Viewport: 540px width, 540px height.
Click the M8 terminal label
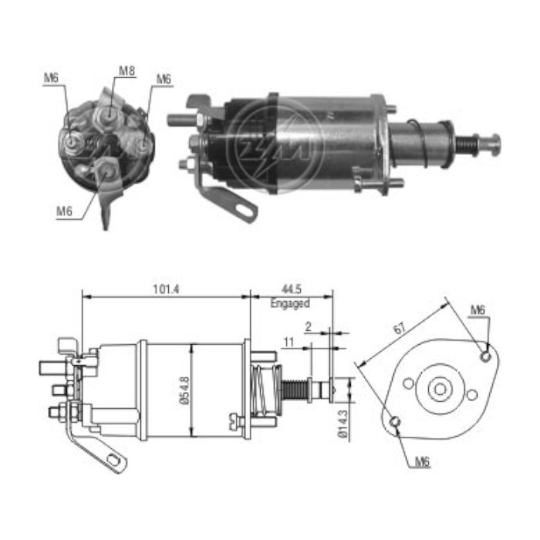click(x=127, y=71)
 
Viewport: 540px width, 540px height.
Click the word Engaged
click(x=289, y=304)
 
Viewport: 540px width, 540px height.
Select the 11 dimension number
click(x=289, y=339)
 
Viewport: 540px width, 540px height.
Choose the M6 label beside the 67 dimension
click(x=478, y=310)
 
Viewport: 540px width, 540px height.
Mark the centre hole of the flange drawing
click(x=440, y=389)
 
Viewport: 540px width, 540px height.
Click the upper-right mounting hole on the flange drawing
click(x=484, y=356)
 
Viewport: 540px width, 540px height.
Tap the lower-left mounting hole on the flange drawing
click(x=395, y=421)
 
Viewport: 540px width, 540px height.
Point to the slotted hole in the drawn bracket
click(x=116, y=461)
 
